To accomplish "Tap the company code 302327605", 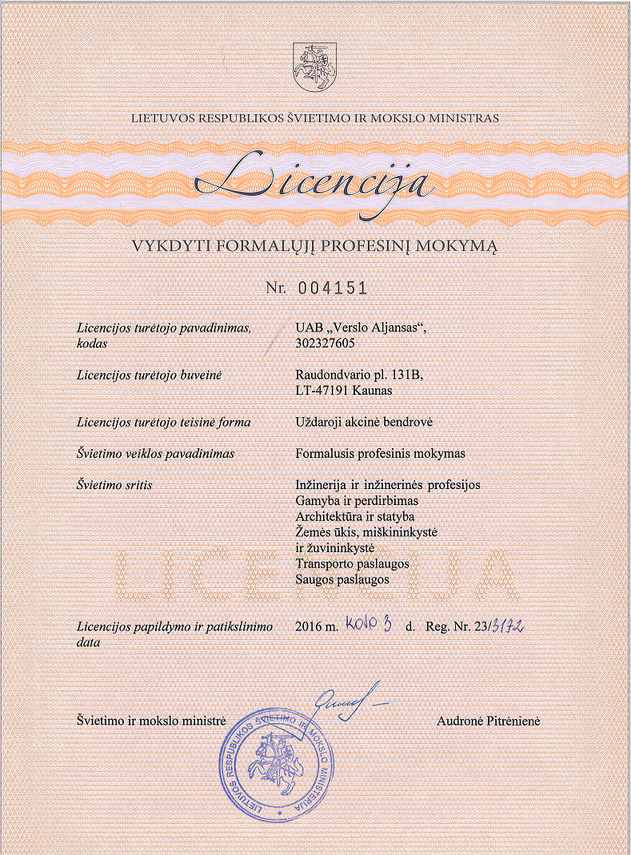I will coord(326,344).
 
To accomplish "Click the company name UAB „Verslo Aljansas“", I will coord(367,328).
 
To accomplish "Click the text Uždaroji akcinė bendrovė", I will coord(364,422).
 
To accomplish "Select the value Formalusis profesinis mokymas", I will coord(380,454).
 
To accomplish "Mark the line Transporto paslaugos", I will coord(353,563).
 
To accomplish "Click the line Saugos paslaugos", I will coord(342,579).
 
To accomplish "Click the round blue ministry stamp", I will coord(275,763).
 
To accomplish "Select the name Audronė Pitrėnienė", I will coord(489,721).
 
